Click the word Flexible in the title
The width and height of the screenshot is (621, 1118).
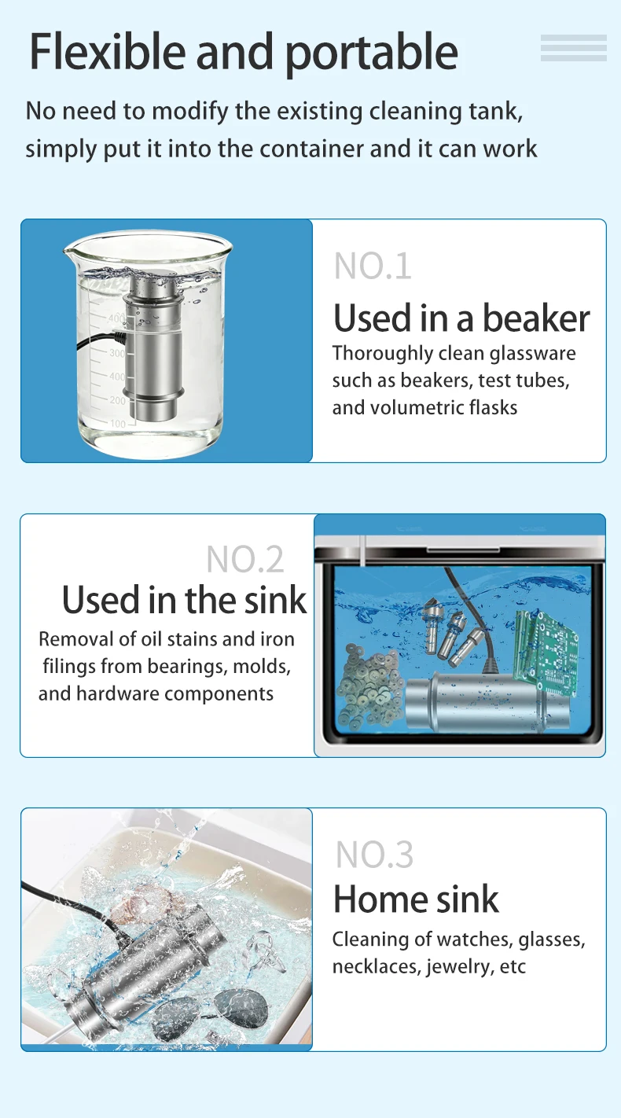click(x=108, y=51)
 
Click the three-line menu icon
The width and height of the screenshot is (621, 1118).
click(x=574, y=48)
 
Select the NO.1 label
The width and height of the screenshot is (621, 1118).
click(x=373, y=266)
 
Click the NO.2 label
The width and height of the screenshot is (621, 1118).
click(x=244, y=560)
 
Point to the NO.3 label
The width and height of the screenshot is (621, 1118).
click(x=374, y=854)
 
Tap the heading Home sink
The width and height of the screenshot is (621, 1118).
click(x=416, y=899)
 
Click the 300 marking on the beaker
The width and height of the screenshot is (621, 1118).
click(x=117, y=353)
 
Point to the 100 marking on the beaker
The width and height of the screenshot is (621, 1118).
click(x=118, y=425)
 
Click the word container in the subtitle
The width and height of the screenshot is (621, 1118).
click(x=314, y=149)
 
